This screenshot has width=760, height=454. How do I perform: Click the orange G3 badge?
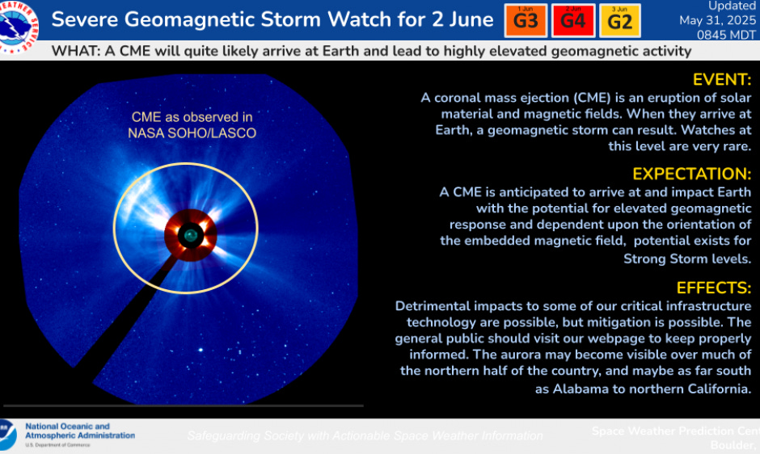[x=526, y=21]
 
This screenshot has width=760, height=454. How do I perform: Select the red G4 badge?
[x=572, y=21]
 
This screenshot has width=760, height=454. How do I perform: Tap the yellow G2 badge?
[x=620, y=21]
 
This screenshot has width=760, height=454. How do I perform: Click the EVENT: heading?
[x=722, y=80]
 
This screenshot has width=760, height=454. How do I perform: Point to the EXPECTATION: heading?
[x=691, y=174]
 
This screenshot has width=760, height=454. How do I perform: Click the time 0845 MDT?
[x=727, y=35]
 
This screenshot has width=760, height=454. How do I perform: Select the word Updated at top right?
[x=732, y=6]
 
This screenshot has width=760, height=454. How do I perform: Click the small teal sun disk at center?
[x=190, y=235]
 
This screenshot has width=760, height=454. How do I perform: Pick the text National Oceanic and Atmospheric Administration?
[x=79, y=431]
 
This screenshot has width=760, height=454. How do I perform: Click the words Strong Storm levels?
[x=686, y=259]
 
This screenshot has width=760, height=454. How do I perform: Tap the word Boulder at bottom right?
[x=731, y=445]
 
